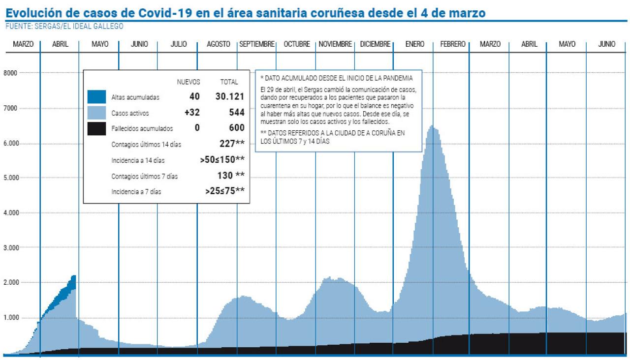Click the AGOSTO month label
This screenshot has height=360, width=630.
point(218,44)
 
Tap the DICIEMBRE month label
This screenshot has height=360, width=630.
point(375,44)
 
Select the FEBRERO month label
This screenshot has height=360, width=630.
point(452,44)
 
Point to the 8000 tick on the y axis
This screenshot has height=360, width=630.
point(11,73)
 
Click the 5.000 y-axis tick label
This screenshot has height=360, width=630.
point(11,178)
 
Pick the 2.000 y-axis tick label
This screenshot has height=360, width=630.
point(11,283)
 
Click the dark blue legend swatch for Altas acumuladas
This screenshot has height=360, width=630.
point(96,97)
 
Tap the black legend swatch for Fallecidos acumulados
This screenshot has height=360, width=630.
point(96,128)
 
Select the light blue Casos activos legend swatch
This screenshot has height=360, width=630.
point(96,113)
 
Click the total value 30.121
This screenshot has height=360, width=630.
point(230,97)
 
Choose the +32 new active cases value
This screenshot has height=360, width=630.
point(192,113)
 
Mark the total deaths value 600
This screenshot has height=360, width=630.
point(237,128)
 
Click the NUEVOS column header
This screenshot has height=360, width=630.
point(189,82)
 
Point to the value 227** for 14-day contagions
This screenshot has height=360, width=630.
point(232,144)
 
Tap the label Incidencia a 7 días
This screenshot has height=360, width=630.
point(136,192)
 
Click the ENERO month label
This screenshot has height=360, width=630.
point(415,44)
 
